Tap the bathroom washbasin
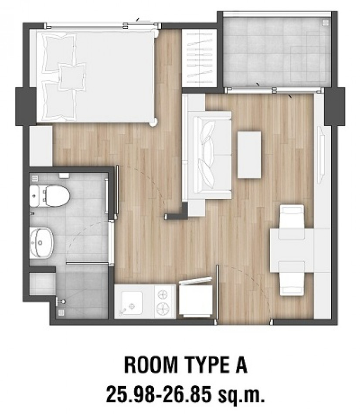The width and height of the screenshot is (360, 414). pos(41,243)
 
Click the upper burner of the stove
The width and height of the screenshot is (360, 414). pos(162,294)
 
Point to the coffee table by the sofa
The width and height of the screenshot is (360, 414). pos(249,155)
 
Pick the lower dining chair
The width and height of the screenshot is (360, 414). pos(292,278)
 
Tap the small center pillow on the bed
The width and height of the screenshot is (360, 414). pos(72,77)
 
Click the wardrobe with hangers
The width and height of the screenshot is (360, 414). pos(200,58)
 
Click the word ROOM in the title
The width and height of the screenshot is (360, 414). pos(151,365)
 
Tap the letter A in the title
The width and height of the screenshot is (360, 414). pos(241,365)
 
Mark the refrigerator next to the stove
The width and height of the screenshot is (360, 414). pos(196,298)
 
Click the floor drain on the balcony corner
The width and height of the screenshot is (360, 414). pos(326,22)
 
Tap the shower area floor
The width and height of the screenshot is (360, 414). pos(82,290)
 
